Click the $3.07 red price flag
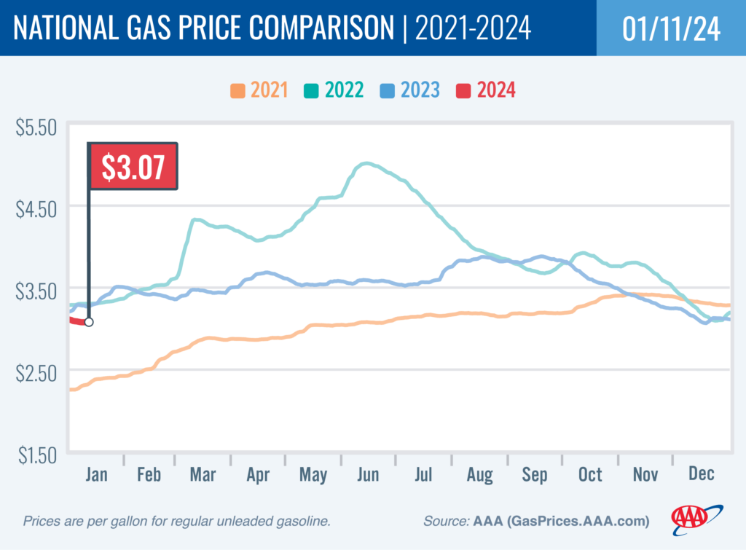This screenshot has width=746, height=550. [x=133, y=168]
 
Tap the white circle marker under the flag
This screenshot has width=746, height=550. [x=89, y=322]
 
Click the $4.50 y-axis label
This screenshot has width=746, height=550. [x=36, y=210]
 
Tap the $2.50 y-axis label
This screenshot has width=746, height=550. [x=36, y=373]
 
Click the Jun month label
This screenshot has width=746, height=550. [x=368, y=475]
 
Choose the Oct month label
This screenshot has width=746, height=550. [x=590, y=475]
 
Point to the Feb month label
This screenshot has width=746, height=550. [x=149, y=475]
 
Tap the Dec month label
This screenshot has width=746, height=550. [x=701, y=475]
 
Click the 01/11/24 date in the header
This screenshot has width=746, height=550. [x=671, y=29]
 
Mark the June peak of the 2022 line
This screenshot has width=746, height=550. [x=367, y=164]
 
